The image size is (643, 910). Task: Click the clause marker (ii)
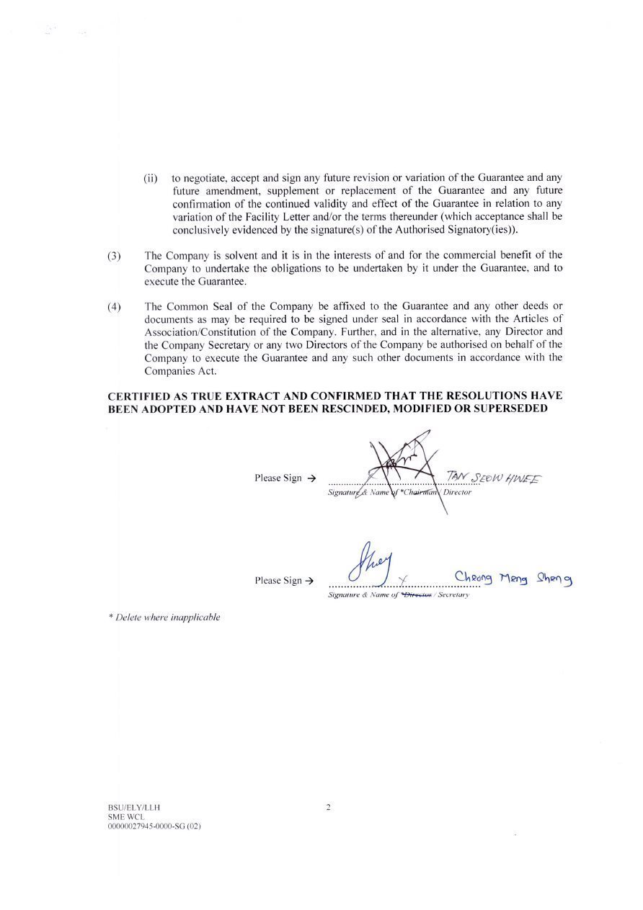click(x=151, y=178)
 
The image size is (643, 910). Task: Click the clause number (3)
click(x=114, y=256)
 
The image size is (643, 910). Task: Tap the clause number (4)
click(x=114, y=307)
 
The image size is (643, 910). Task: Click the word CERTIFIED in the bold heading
click(x=138, y=396)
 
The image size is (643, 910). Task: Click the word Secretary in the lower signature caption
click(x=453, y=595)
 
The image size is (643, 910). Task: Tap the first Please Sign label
click(x=278, y=478)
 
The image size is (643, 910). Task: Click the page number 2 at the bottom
click(x=328, y=808)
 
